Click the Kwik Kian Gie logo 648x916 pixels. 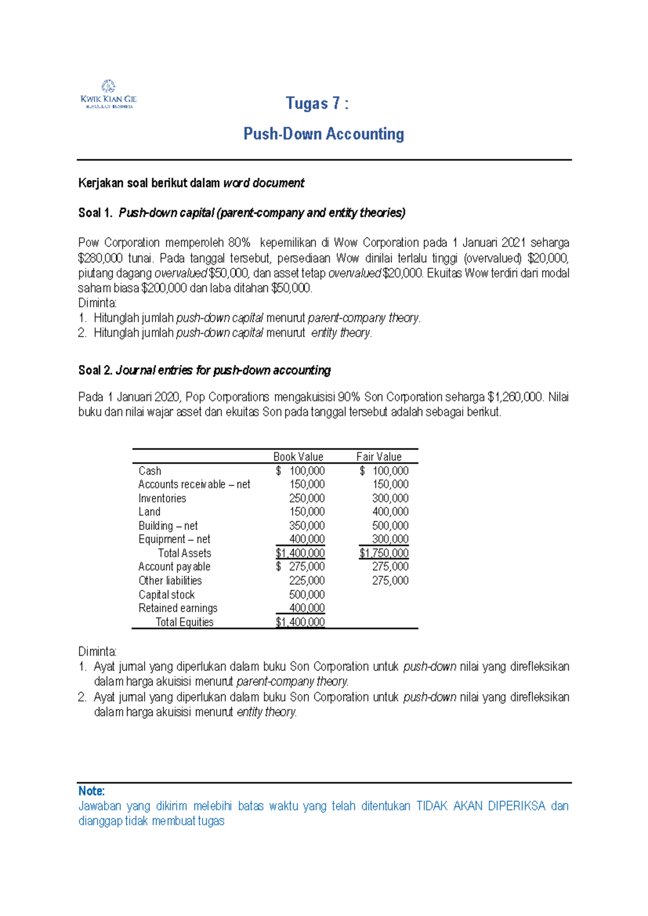point(109,94)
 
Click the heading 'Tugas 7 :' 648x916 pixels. point(317,103)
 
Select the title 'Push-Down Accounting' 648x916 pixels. point(323,133)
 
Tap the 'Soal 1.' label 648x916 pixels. point(95,213)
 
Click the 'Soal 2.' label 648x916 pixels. point(95,371)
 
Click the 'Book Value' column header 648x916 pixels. point(298,457)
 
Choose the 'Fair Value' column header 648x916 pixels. point(379,457)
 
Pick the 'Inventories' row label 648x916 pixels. point(162,499)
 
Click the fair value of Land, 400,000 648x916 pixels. point(390,512)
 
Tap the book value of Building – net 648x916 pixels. point(307,526)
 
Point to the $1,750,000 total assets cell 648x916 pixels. point(384,554)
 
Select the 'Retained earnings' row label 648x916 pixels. point(178,609)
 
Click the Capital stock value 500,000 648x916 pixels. point(307,595)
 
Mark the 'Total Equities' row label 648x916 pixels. point(184,622)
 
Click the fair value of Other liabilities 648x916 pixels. point(390,581)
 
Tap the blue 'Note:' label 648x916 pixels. point(91,791)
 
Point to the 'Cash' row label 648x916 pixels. point(150,471)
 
